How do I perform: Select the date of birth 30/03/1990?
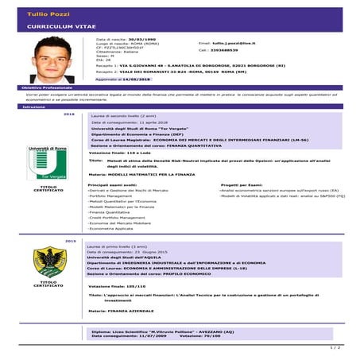[141, 38]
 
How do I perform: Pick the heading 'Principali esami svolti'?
[118, 184]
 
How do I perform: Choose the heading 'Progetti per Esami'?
[246, 184]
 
